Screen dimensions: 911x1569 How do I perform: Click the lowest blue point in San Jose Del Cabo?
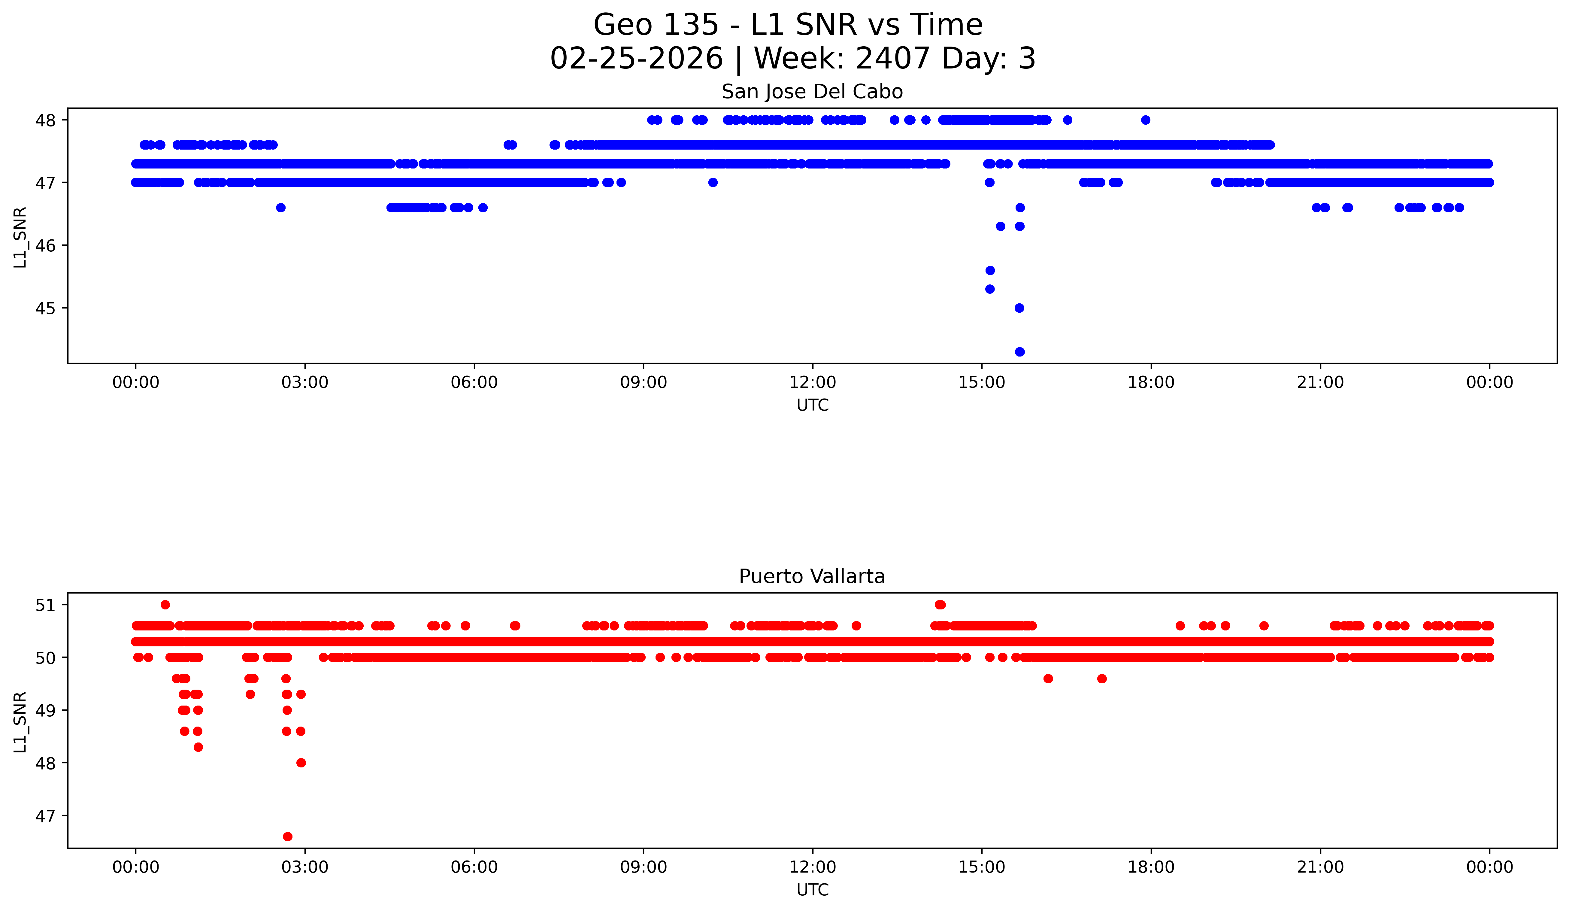click(x=1019, y=352)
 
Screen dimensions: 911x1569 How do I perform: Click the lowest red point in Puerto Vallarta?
click(x=288, y=836)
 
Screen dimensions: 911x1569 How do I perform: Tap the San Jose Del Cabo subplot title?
click(x=812, y=92)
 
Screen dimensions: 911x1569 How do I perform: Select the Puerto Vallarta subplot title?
click(x=812, y=577)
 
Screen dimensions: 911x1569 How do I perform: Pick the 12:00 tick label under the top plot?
click(x=813, y=382)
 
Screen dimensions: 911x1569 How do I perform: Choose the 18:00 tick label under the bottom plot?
click(x=1151, y=867)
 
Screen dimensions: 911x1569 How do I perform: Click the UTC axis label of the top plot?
click(x=813, y=405)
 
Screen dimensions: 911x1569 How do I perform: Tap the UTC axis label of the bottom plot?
click(x=813, y=890)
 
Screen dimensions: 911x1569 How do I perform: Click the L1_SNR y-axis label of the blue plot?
click(x=20, y=237)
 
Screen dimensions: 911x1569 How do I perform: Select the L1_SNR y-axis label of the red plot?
click(x=20, y=722)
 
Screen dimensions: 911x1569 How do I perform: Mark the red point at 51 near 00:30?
click(x=165, y=605)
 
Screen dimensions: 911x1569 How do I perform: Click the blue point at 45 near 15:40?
click(x=1019, y=308)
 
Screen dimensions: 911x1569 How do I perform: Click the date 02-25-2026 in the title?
click(x=636, y=59)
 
